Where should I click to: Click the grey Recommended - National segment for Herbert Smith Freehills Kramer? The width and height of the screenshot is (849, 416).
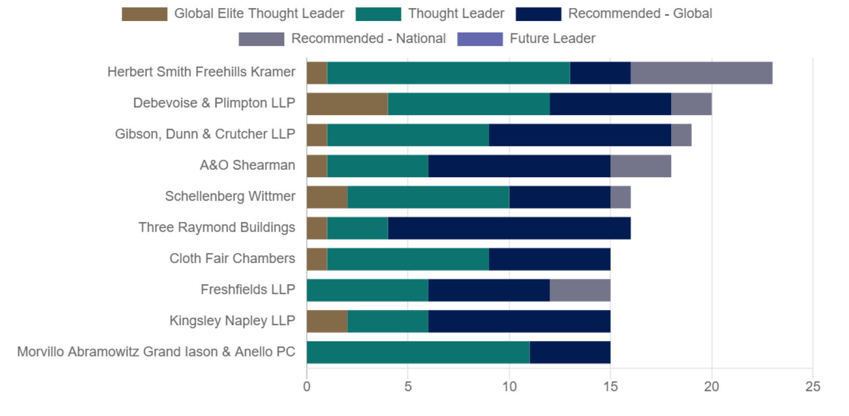click(701, 73)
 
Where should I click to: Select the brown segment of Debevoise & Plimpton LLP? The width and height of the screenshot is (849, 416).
click(347, 104)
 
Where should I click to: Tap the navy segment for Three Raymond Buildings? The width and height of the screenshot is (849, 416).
click(509, 228)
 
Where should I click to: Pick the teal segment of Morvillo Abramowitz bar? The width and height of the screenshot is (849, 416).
click(418, 352)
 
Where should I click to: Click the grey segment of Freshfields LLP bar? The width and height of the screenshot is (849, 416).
click(579, 290)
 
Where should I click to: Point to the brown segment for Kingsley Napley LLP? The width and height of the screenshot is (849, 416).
click(326, 321)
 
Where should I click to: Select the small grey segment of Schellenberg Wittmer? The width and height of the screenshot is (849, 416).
click(620, 197)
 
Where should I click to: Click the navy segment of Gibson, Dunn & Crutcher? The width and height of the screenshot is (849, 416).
click(579, 135)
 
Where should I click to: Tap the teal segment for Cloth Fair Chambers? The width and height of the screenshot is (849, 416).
click(407, 259)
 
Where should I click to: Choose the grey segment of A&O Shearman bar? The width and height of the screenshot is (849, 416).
click(640, 166)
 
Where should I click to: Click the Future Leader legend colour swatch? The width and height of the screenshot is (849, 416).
click(479, 39)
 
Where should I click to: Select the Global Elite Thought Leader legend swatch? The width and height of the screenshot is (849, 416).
click(144, 14)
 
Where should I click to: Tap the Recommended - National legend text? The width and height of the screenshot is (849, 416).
click(368, 39)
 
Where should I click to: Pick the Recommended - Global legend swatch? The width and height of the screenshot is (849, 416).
click(538, 14)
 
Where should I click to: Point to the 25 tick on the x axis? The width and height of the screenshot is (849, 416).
click(812, 387)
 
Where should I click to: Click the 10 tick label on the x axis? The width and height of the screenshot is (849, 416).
click(509, 387)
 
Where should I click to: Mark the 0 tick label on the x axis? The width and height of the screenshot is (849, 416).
click(306, 387)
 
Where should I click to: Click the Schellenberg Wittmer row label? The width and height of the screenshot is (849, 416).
click(230, 196)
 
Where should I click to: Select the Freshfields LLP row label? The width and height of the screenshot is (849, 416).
click(248, 290)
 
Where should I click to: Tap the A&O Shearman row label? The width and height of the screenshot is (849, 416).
click(247, 165)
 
